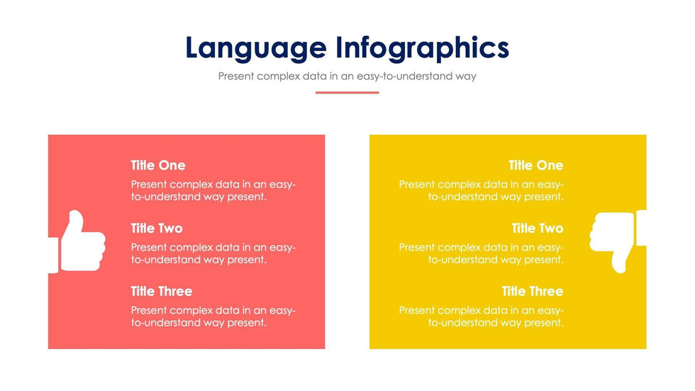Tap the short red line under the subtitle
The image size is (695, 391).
pyautogui.click(x=347, y=93)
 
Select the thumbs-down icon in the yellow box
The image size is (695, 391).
pyautogui.click(x=618, y=241)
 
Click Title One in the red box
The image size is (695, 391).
pyautogui.click(x=157, y=165)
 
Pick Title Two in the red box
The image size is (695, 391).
pyautogui.click(x=157, y=228)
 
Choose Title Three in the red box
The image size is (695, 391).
pyautogui.click(x=162, y=291)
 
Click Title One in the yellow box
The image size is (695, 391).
pyautogui.click(x=536, y=165)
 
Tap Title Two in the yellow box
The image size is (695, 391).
pyautogui.click(x=538, y=228)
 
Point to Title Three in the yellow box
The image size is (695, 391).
pyautogui.click(x=533, y=291)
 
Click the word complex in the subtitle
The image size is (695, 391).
pyautogui.click(x=278, y=76)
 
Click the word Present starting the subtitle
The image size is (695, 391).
pyautogui.click(x=236, y=76)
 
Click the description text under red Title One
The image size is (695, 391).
pyautogui.click(x=213, y=191)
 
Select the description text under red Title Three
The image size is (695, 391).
pyautogui.click(x=213, y=316)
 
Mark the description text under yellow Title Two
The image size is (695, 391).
pyautogui.click(x=481, y=253)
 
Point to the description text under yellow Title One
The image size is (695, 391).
pyautogui.click(x=481, y=191)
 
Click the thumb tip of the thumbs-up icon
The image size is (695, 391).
pyautogui.click(x=77, y=213)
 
